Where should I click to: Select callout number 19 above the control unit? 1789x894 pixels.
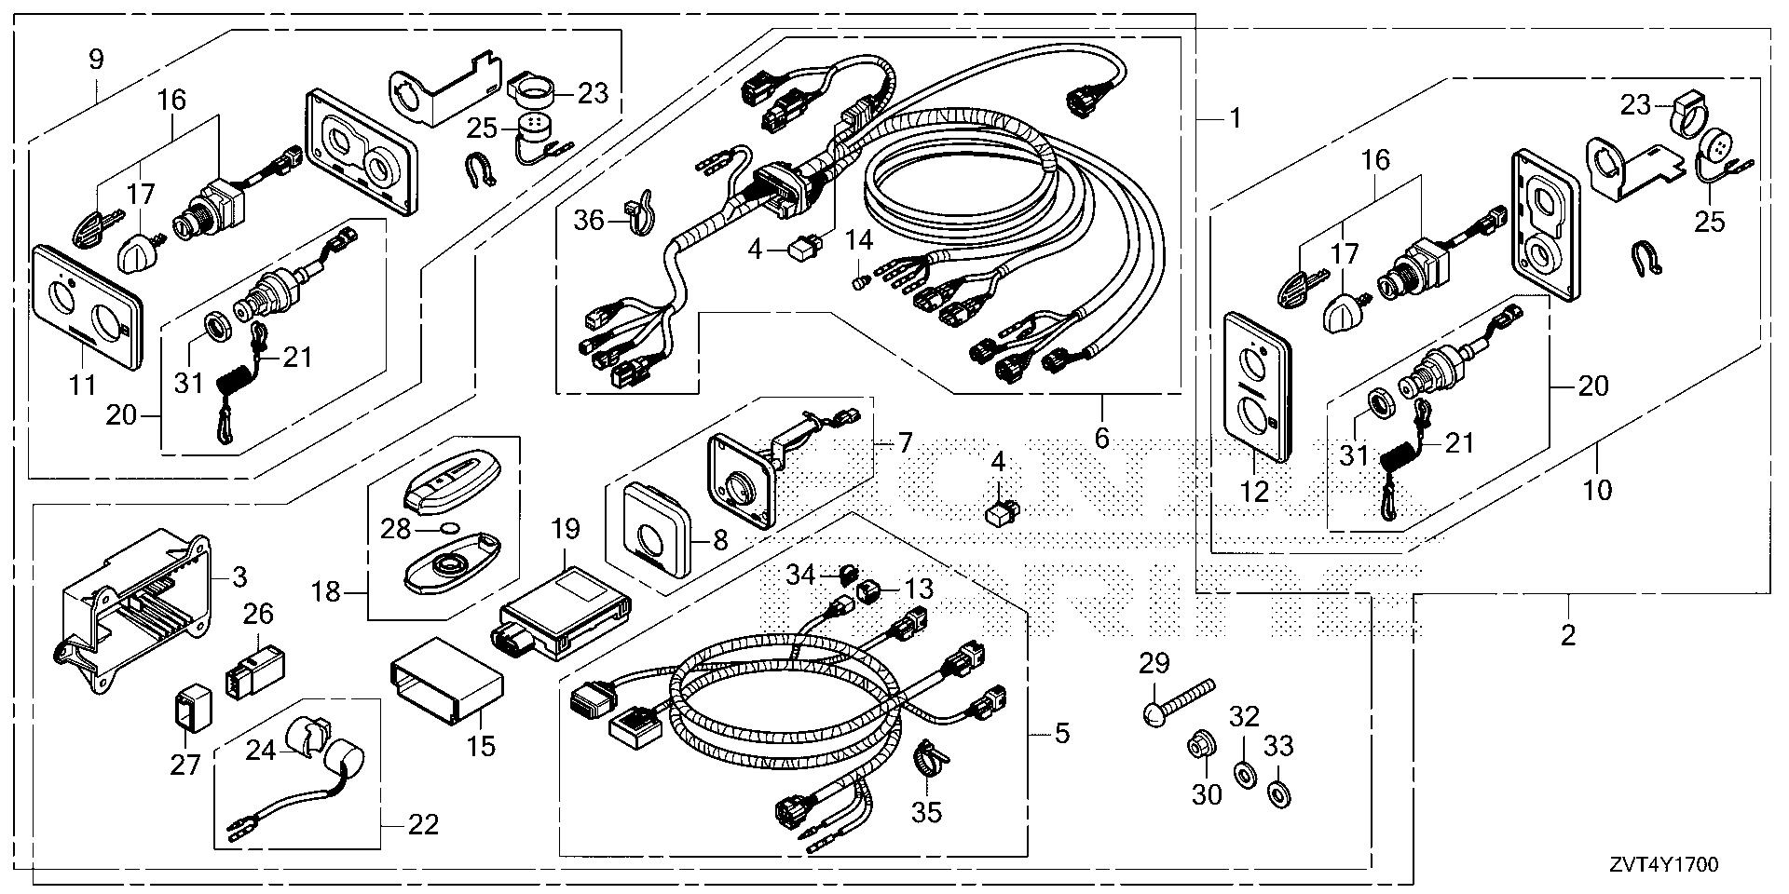point(566,530)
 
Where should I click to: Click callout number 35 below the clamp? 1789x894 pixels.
point(926,811)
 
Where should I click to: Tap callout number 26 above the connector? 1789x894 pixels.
point(259,615)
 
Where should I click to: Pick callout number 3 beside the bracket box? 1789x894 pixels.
point(239,577)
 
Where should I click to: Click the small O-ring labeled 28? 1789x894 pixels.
point(450,530)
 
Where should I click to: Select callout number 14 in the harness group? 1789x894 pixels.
point(858,242)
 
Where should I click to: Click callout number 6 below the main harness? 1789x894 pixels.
point(1101,436)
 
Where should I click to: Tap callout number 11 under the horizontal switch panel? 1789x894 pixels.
point(84,383)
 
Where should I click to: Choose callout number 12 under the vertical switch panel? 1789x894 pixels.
point(1255,491)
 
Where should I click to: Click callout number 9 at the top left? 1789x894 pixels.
point(96,61)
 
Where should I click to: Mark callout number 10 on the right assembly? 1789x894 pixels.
point(1597,488)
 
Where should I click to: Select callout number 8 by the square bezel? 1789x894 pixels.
point(720,538)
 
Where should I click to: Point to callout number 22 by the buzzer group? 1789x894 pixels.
point(423,824)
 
